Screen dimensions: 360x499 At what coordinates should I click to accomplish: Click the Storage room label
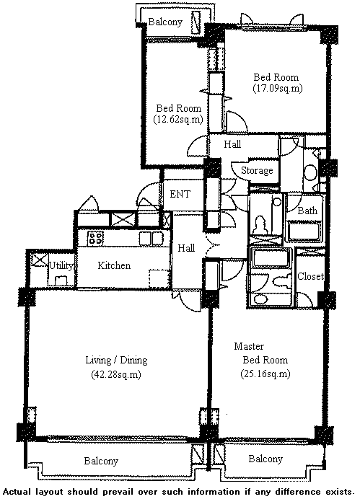coord(257,171)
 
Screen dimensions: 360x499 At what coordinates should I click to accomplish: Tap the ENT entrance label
coord(180,194)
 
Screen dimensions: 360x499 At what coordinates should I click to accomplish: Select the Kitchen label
coord(114,265)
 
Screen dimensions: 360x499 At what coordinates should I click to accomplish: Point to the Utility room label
coord(61,265)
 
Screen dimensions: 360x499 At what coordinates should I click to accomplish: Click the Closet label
coord(310,276)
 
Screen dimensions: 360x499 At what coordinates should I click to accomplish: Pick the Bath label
coord(307,211)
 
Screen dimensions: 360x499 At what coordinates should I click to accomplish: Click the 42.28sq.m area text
coord(116,374)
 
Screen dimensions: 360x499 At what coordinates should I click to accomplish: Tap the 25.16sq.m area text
coord(265,374)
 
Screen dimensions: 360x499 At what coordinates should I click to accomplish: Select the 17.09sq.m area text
coord(278,88)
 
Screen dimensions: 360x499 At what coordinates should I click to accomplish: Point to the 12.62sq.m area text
coord(178,119)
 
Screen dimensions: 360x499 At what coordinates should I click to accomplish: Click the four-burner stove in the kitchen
coord(95,238)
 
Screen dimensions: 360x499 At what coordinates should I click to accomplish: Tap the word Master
coord(249,346)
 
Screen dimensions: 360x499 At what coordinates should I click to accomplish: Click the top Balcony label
coord(165,22)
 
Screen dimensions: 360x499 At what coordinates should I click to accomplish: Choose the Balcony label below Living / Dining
coord(101,461)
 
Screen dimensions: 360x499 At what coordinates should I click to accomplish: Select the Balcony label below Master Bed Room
coord(265,459)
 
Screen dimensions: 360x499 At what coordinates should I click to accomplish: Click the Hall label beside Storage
coord(232,144)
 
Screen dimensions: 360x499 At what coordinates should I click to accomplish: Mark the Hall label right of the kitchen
coord(186,248)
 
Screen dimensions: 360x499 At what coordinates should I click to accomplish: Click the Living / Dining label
coord(116,361)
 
